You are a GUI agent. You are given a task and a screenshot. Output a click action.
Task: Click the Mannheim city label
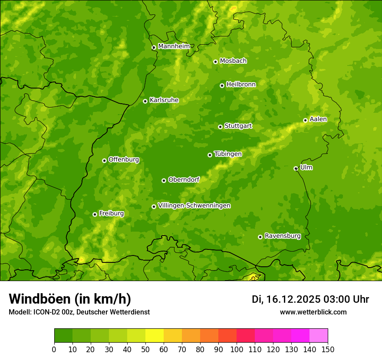(x=174, y=46)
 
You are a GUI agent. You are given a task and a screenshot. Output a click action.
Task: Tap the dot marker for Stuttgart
(x=220, y=127)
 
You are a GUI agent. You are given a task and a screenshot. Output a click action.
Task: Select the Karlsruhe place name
(x=164, y=100)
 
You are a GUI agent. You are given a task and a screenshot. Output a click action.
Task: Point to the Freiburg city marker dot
(x=95, y=214)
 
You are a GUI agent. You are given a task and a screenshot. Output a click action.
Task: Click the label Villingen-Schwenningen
(x=194, y=205)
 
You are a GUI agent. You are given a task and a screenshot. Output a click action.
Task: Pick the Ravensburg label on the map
(x=282, y=236)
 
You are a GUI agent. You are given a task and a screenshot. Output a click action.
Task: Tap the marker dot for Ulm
(x=296, y=168)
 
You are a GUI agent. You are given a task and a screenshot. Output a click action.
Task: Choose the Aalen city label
(x=318, y=119)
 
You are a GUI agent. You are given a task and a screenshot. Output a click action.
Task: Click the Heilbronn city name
(x=240, y=84)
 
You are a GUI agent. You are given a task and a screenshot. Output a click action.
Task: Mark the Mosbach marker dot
(x=215, y=62)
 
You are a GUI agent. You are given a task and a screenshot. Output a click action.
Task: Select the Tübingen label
(x=227, y=154)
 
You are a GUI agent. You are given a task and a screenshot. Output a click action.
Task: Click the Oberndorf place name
(x=184, y=179)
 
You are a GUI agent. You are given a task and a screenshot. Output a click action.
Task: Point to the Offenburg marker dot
(x=104, y=160)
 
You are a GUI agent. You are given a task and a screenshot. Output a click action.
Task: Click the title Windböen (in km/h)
(x=69, y=299)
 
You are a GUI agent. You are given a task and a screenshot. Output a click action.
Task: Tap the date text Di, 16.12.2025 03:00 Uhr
(x=310, y=299)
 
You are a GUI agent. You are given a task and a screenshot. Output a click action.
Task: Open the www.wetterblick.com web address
(x=313, y=312)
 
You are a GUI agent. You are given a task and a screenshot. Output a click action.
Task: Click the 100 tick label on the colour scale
(x=237, y=349)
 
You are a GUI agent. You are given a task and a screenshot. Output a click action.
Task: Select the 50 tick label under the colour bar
(x=145, y=349)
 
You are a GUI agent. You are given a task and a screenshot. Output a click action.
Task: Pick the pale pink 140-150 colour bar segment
(x=319, y=335)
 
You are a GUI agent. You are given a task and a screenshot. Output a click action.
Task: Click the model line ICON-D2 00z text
(x=79, y=312)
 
